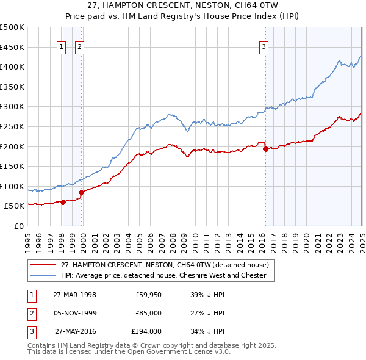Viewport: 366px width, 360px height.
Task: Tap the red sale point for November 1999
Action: (81, 192)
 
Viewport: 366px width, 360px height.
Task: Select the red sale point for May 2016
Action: (265, 148)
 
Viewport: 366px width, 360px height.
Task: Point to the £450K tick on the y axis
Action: (13, 47)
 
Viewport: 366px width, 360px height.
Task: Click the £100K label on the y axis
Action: (13, 186)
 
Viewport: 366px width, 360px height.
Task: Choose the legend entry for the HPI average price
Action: (163, 275)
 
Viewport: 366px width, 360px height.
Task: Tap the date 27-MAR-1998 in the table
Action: (74, 295)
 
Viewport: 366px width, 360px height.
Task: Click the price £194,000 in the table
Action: (146, 331)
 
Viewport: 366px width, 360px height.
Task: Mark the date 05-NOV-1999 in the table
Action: (74, 313)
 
